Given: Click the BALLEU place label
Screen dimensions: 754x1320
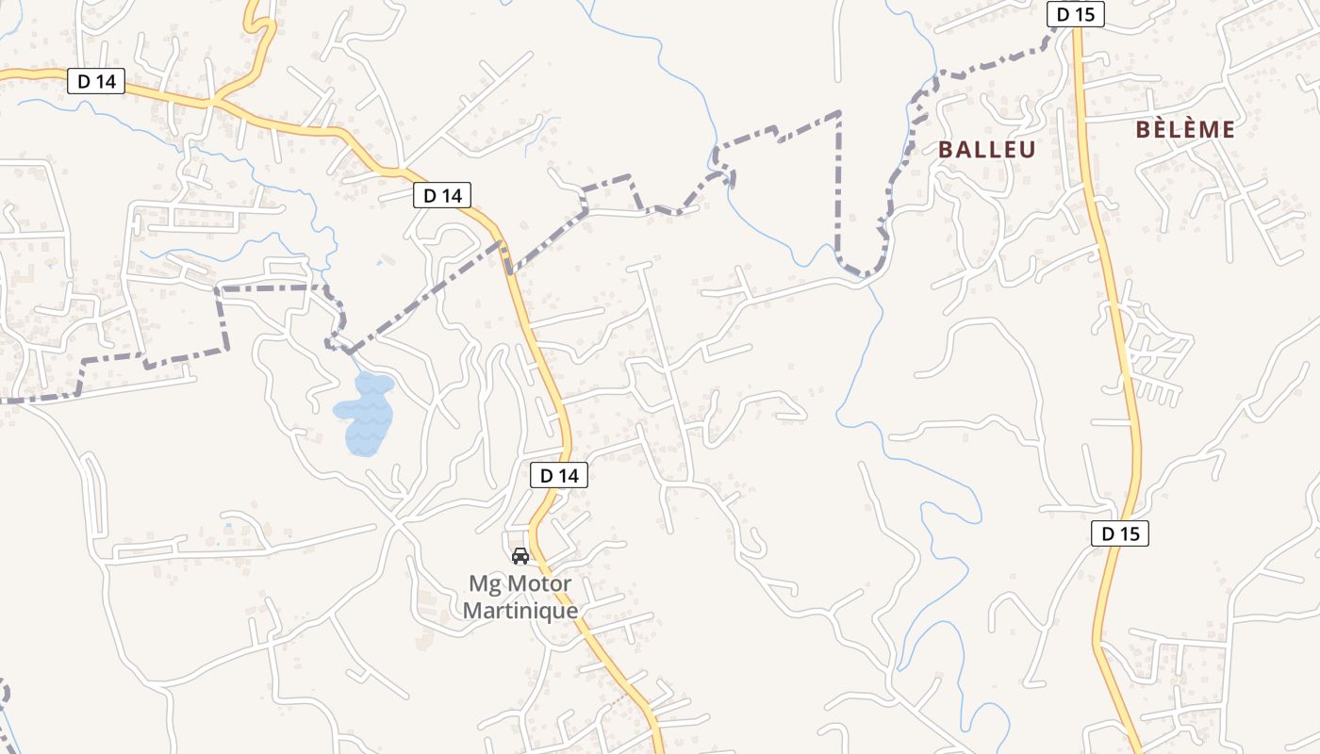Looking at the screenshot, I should (x=986, y=149).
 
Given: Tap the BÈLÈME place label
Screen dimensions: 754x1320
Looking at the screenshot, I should (x=1185, y=130).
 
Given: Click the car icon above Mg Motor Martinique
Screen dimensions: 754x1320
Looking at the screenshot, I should (x=520, y=555).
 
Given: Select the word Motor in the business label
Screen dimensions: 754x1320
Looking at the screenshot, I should (x=540, y=583).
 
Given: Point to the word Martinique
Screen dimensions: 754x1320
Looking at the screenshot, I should (x=520, y=610).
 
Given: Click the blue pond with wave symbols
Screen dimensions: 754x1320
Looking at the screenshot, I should (x=364, y=413).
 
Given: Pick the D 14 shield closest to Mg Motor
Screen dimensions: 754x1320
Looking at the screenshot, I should (x=559, y=476).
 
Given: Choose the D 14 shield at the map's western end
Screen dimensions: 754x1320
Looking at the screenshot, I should (x=97, y=81).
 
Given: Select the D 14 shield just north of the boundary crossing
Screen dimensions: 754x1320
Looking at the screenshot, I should (x=442, y=195).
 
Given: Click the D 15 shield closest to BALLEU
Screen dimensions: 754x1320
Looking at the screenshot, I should (x=1075, y=14).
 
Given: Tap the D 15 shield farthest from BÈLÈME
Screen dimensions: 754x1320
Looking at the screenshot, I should (x=1120, y=533).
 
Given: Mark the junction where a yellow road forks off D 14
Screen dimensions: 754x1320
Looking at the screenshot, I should (x=216, y=100).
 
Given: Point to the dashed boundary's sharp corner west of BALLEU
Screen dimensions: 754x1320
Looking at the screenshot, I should (x=839, y=113).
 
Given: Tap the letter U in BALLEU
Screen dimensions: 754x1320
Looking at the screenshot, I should (x=1026, y=149).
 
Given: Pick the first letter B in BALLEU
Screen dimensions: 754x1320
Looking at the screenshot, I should (x=947, y=149).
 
